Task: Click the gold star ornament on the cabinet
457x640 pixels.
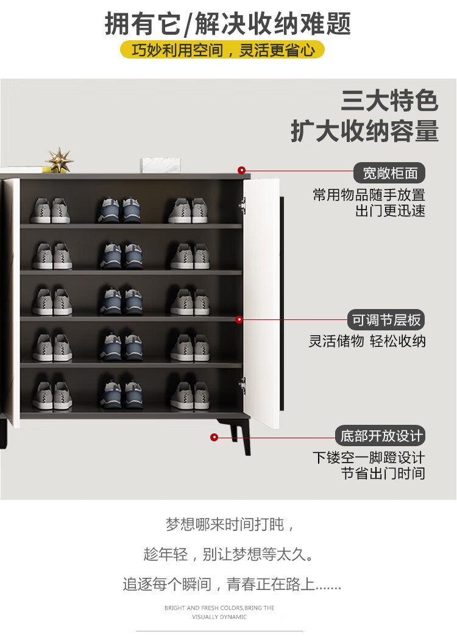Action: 59,160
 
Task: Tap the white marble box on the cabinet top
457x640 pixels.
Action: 159,165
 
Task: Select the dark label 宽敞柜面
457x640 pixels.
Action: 389,173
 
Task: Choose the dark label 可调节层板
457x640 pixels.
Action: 386,320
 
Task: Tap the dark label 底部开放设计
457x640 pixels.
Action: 381,436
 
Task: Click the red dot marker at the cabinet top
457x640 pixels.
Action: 241,171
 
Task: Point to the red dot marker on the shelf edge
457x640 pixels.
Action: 239,319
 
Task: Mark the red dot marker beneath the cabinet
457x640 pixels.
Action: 214,437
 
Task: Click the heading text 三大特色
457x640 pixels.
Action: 389,101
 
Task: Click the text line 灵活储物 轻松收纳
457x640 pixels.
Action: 367,341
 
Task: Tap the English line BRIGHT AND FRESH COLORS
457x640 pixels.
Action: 219,608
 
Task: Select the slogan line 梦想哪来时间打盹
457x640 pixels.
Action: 230,525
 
